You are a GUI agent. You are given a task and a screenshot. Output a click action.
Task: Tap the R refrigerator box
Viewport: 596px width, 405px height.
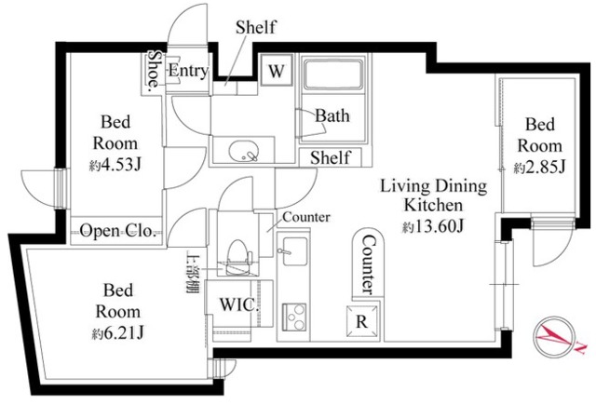coord(362,318)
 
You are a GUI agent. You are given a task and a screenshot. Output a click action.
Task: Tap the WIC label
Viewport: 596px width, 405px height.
coord(237,304)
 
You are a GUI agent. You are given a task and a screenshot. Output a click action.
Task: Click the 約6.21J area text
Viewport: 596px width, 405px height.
coord(115,333)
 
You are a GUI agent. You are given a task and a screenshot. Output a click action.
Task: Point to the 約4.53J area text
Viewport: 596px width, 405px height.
coord(115,166)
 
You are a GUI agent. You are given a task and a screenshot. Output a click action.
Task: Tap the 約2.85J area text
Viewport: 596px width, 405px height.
coord(539,168)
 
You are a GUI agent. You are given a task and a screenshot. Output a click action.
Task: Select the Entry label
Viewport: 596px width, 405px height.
coord(187,72)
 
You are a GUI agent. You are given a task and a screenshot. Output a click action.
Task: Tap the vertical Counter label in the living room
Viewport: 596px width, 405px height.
coord(367,263)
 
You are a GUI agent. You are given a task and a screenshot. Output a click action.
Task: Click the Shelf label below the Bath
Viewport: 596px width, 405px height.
coord(330,157)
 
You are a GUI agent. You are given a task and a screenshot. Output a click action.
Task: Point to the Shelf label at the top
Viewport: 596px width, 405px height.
coord(255,27)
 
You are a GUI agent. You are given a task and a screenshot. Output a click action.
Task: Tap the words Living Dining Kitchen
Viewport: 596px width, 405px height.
coord(432,196)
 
